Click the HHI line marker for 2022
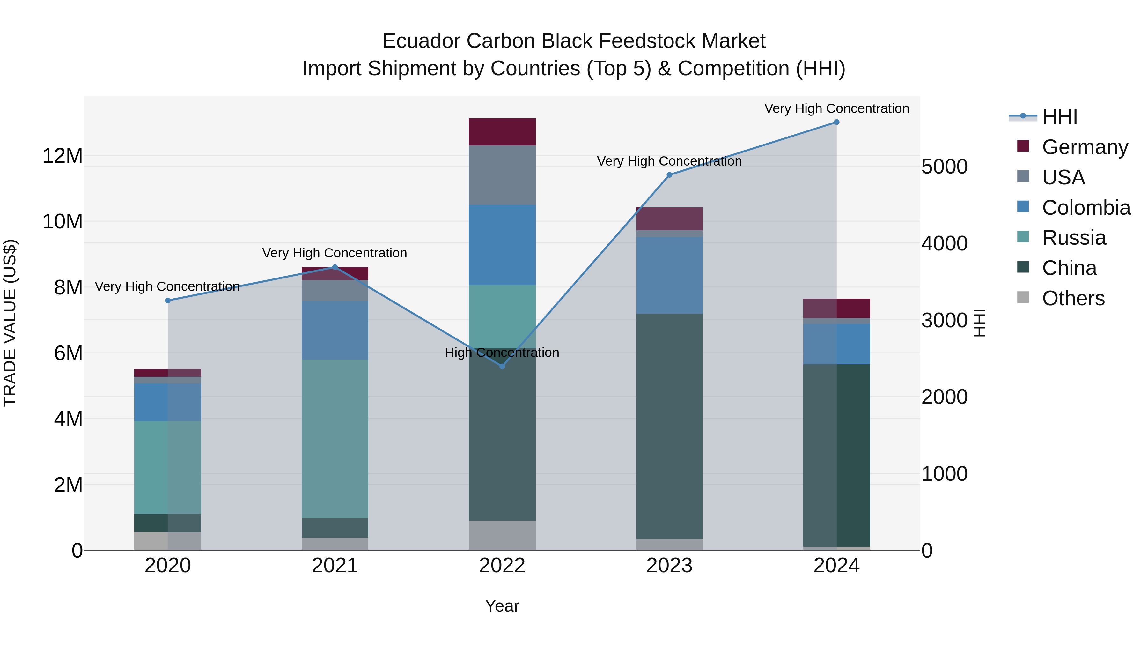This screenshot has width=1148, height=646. tap(502, 367)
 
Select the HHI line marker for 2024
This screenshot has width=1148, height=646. tap(836, 122)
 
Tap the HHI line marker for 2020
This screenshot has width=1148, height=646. tap(168, 301)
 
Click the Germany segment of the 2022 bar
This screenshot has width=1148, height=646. tap(502, 132)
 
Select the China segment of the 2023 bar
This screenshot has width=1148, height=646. tap(669, 426)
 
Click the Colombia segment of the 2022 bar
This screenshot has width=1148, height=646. tap(502, 245)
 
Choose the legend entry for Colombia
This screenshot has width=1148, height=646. tap(1074, 208)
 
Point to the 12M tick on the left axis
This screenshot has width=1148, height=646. tap(63, 156)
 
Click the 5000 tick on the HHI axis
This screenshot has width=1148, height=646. tap(944, 167)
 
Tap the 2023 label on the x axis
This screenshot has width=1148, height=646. tap(669, 566)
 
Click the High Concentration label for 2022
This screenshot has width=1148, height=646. tap(502, 353)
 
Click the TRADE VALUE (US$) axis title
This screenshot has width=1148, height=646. tap(10, 323)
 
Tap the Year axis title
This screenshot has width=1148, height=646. tap(502, 606)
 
